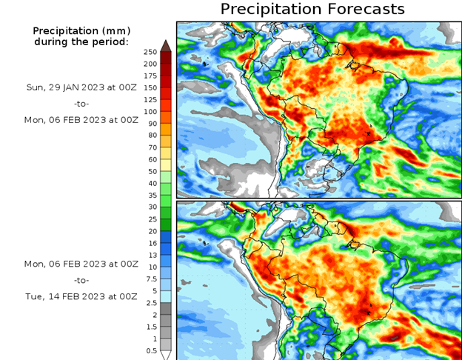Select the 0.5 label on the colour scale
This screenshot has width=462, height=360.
click(x=150, y=350)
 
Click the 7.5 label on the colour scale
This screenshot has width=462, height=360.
click(x=150, y=279)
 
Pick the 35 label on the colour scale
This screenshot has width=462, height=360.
click(x=150, y=195)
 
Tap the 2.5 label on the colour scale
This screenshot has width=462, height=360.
click(x=150, y=303)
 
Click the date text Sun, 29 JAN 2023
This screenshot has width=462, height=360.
click(x=66, y=87)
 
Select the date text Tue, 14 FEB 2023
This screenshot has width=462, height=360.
click(x=66, y=296)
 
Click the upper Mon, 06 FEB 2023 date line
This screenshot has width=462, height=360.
click(x=66, y=119)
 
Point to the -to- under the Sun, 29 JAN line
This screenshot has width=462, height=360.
click(x=81, y=103)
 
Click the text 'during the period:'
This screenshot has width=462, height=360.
click(x=81, y=41)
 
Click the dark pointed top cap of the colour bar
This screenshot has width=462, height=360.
click(x=166, y=45)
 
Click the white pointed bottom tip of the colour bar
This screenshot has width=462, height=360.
click(x=166, y=356)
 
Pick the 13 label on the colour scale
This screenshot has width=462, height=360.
click(x=152, y=255)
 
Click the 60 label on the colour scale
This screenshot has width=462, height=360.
click(x=150, y=159)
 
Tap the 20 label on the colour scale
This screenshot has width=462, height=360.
click(x=150, y=231)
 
